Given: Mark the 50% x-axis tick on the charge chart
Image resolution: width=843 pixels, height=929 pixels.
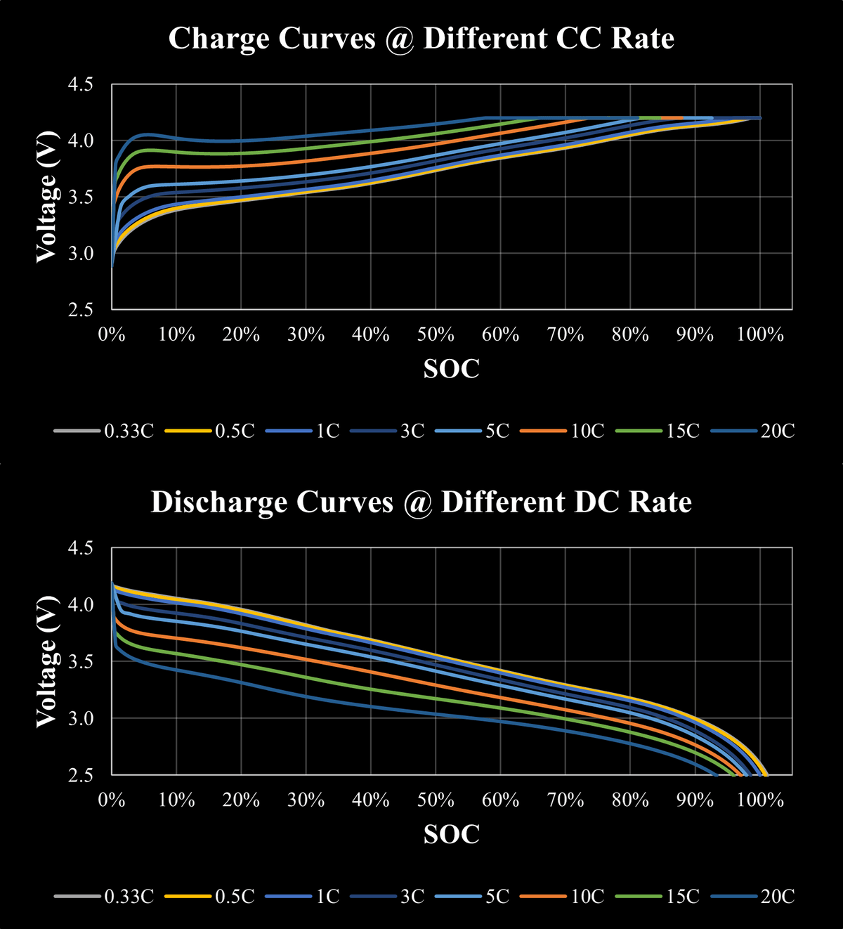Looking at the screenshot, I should pyautogui.click(x=436, y=334).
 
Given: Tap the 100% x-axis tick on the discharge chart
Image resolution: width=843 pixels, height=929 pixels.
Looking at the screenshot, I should pyautogui.click(x=760, y=800).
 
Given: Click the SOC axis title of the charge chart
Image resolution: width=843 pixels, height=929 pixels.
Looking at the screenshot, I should pyautogui.click(x=451, y=368).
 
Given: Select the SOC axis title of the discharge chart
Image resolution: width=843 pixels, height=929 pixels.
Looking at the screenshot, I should pyautogui.click(x=451, y=834).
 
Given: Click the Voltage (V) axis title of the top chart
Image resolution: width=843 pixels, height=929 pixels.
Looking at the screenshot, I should pyautogui.click(x=46, y=197).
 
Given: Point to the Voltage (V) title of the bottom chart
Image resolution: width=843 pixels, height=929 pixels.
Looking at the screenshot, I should pyautogui.click(x=46, y=661).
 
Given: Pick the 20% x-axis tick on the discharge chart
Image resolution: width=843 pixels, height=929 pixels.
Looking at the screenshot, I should pyautogui.click(x=241, y=800).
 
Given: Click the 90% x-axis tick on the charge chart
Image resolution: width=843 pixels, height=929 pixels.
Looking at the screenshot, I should pyautogui.click(x=695, y=334).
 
